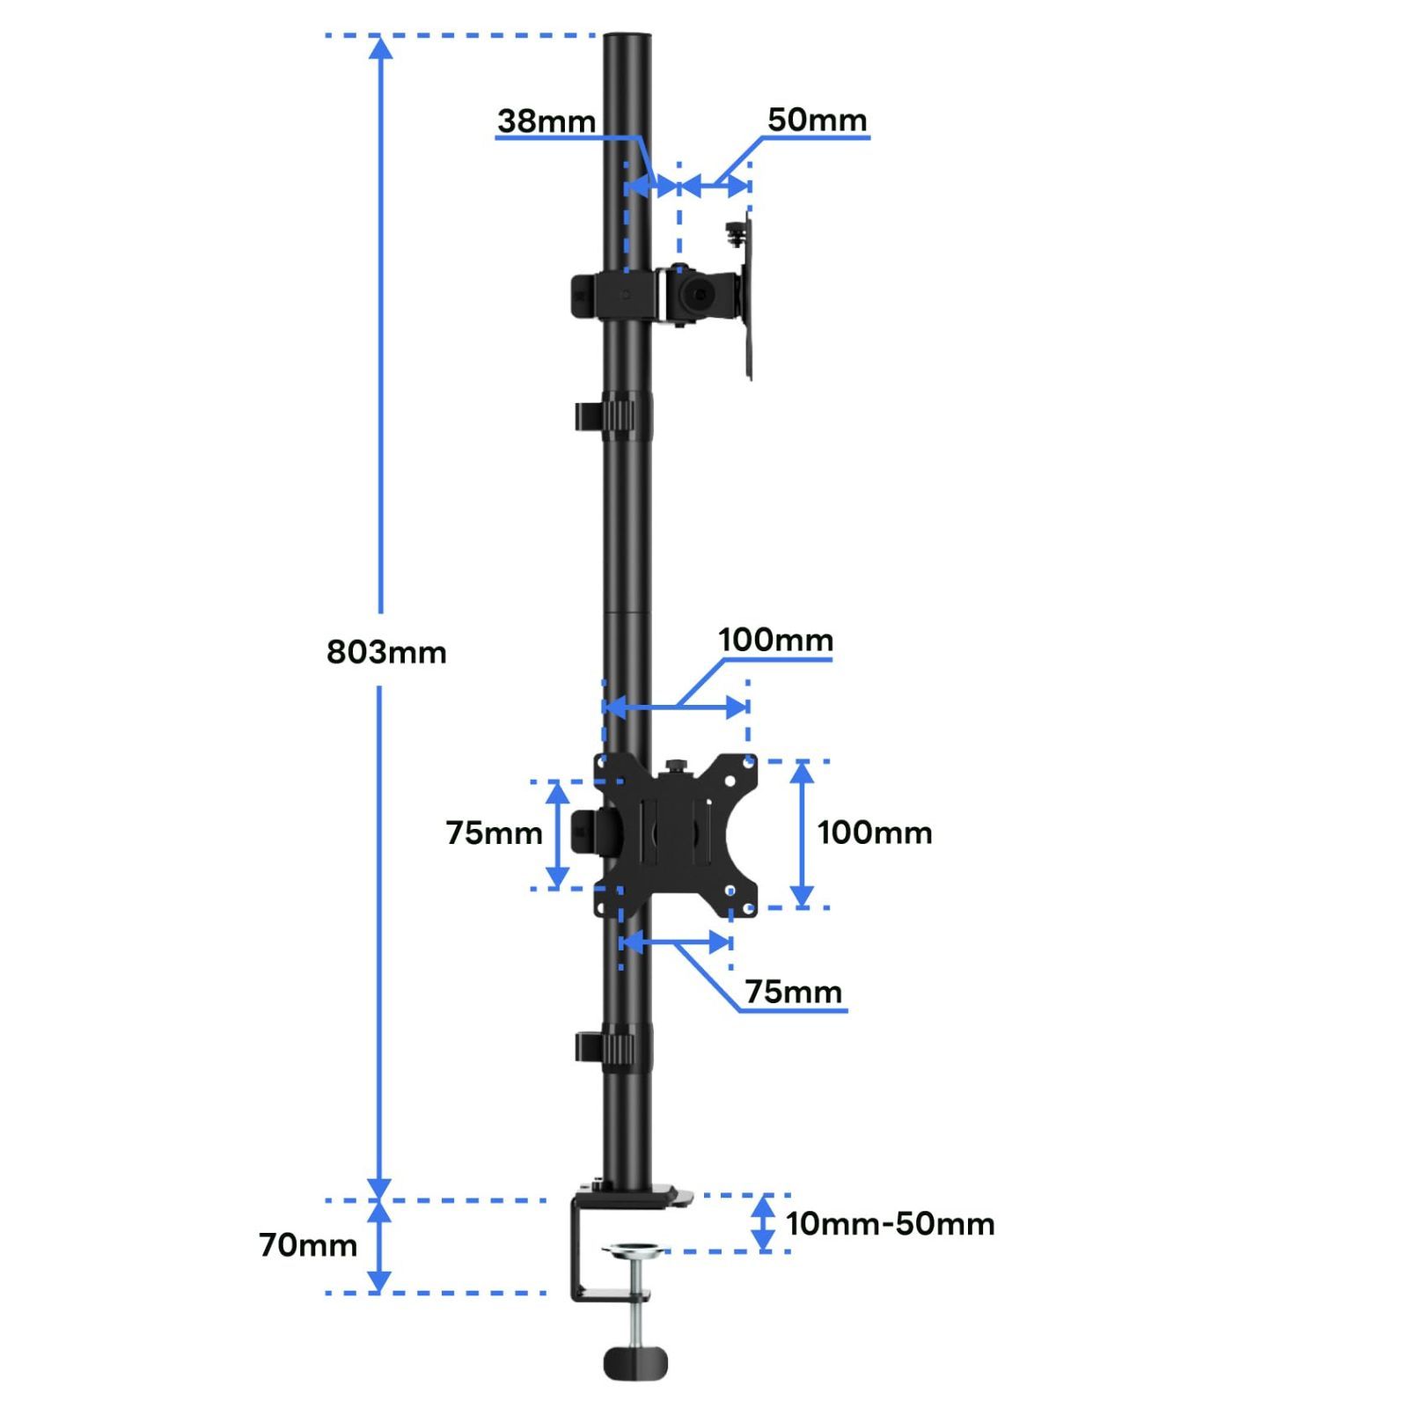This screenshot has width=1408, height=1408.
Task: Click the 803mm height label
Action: (x=386, y=652)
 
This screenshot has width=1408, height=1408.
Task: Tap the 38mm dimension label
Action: (x=546, y=121)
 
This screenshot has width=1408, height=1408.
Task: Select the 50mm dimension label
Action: (x=817, y=120)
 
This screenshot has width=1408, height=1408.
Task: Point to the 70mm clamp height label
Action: (x=308, y=1245)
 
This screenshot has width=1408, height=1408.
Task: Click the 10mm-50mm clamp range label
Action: (x=890, y=1224)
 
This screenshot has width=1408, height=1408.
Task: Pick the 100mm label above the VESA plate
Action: (x=775, y=640)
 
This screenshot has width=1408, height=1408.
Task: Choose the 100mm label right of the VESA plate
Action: (x=875, y=832)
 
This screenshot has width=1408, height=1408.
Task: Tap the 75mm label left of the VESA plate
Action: (x=494, y=832)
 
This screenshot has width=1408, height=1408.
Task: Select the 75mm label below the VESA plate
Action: (x=793, y=992)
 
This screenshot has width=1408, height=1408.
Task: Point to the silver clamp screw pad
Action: (x=636, y=1250)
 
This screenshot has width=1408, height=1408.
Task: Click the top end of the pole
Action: (x=627, y=40)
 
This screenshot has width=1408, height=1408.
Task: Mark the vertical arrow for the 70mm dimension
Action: (x=379, y=1247)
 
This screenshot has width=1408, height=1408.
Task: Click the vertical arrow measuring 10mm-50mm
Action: (x=764, y=1223)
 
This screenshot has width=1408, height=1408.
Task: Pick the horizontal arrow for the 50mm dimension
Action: (x=715, y=186)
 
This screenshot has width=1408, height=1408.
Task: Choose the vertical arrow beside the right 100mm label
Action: (x=802, y=833)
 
